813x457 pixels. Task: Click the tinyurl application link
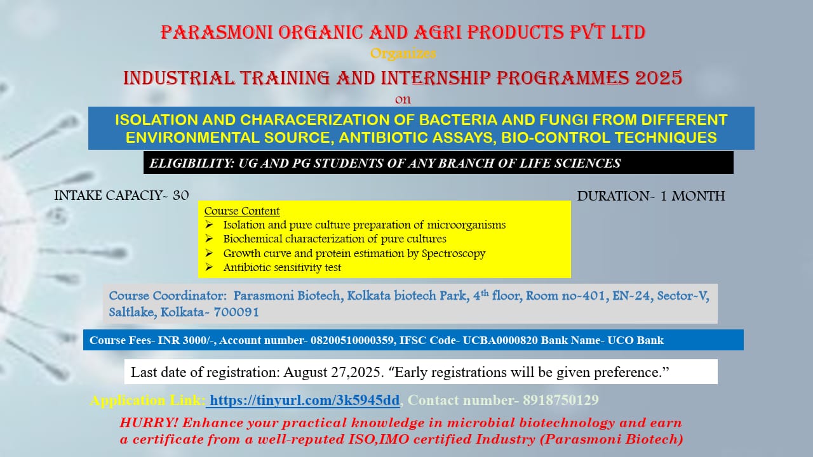(x=304, y=400)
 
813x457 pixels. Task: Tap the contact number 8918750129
(x=560, y=400)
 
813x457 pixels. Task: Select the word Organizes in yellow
(x=403, y=54)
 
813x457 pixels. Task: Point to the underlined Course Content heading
(x=242, y=211)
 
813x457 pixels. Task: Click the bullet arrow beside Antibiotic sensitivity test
(x=209, y=267)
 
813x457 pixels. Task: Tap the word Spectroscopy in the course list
(x=454, y=253)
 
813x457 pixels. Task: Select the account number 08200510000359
(x=352, y=340)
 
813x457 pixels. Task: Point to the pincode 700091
(x=236, y=312)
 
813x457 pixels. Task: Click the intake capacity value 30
(x=181, y=196)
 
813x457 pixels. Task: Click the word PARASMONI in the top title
(x=217, y=32)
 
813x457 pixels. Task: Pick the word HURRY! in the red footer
(x=149, y=423)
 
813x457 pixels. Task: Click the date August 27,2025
(x=333, y=372)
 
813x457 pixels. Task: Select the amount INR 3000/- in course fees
(x=187, y=340)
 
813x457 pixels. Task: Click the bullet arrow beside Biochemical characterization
(x=209, y=239)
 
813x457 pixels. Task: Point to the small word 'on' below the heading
(x=403, y=100)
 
